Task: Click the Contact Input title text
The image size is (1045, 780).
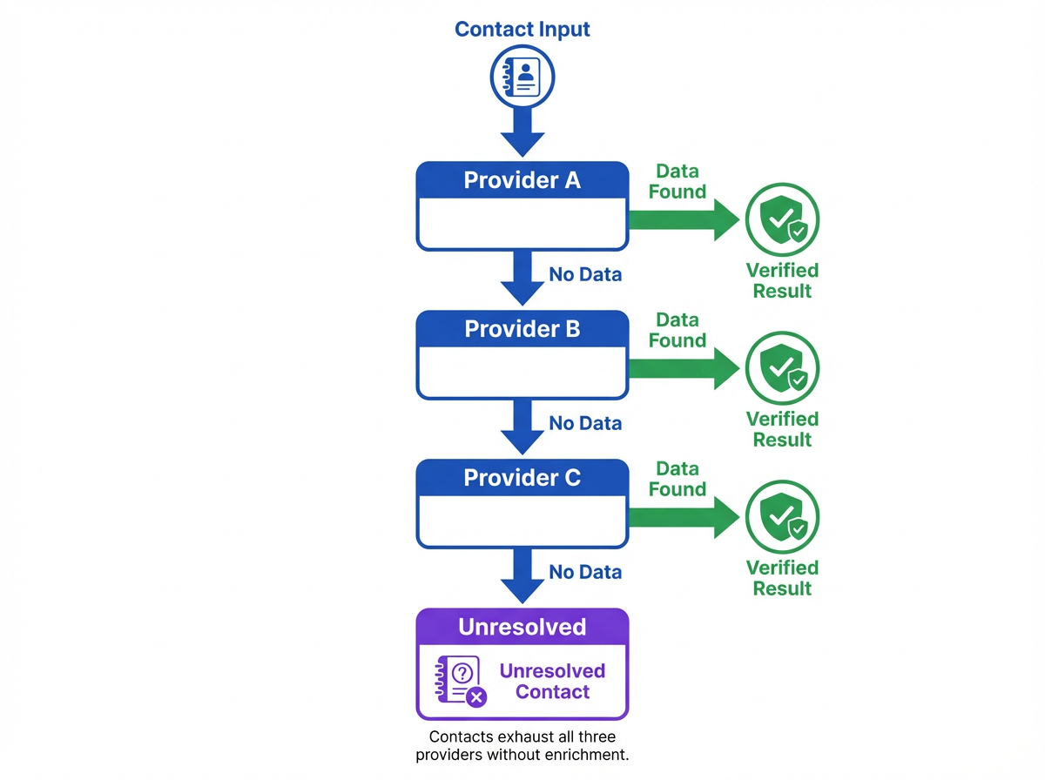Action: [522, 29]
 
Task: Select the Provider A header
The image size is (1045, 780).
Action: [522, 180]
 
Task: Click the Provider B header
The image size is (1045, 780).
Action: [522, 329]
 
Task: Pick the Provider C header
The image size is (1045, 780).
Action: [522, 478]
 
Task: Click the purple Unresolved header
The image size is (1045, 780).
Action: [522, 627]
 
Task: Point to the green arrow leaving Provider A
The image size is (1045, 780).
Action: [684, 219]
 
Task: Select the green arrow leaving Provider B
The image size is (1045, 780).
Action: [684, 367]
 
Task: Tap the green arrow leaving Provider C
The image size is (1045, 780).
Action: [684, 516]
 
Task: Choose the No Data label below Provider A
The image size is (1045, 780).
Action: [585, 275]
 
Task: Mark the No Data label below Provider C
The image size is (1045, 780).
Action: [585, 572]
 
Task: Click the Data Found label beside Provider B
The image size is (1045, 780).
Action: [678, 330]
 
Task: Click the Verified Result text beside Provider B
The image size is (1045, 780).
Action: [782, 429]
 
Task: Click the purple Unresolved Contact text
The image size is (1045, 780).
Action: [552, 682]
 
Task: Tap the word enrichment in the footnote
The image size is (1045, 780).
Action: [583, 755]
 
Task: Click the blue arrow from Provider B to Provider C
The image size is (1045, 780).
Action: [522, 427]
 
